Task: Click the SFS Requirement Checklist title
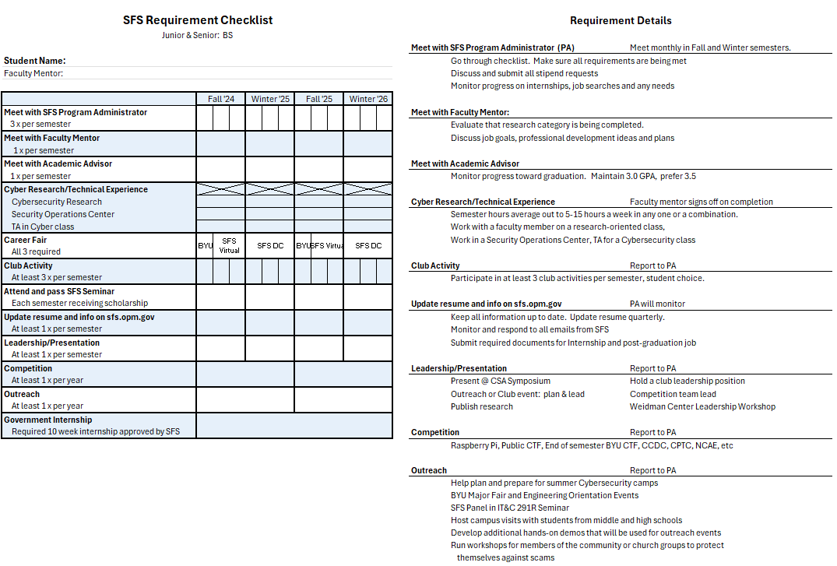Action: pyautogui.click(x=198, y=20)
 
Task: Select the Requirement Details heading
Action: pyautogui.click(x=621, y=21)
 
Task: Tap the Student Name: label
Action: pyautogui.click(x=35, y=61)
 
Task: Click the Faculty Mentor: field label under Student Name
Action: pyautogui.click(x=33, y=74)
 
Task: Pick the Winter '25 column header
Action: pyautogui.click(x=270, y=99)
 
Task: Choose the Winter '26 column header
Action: pyautogui.click(x=368, y=99)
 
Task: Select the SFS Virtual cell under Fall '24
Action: pyautogui.click(x=230, y=246)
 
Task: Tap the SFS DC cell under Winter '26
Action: pyautogui.click(x=368, y=246)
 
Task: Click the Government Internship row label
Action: pyautogui.click(x=47, y=420)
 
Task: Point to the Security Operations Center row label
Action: pyautogui.click(x=63, y=214)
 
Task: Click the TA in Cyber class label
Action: pyautogui.click(x=43, y=227)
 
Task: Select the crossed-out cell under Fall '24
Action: pyautogui.click(x=221, y=189)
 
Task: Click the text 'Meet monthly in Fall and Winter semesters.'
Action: pyautogui.click(x=710, y=47)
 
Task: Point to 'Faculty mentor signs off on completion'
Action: pyautogui.click(x=702, y=202)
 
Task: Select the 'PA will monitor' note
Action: pyautogui.click(x=658, y=304)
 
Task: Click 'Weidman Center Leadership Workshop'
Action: pyautogui.click(x=702, y=406)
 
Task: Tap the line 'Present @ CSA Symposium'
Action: pyautogui.click(x=501, y=381)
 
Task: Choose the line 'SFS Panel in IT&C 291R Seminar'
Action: pyautogui.click(x=510, y=508)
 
